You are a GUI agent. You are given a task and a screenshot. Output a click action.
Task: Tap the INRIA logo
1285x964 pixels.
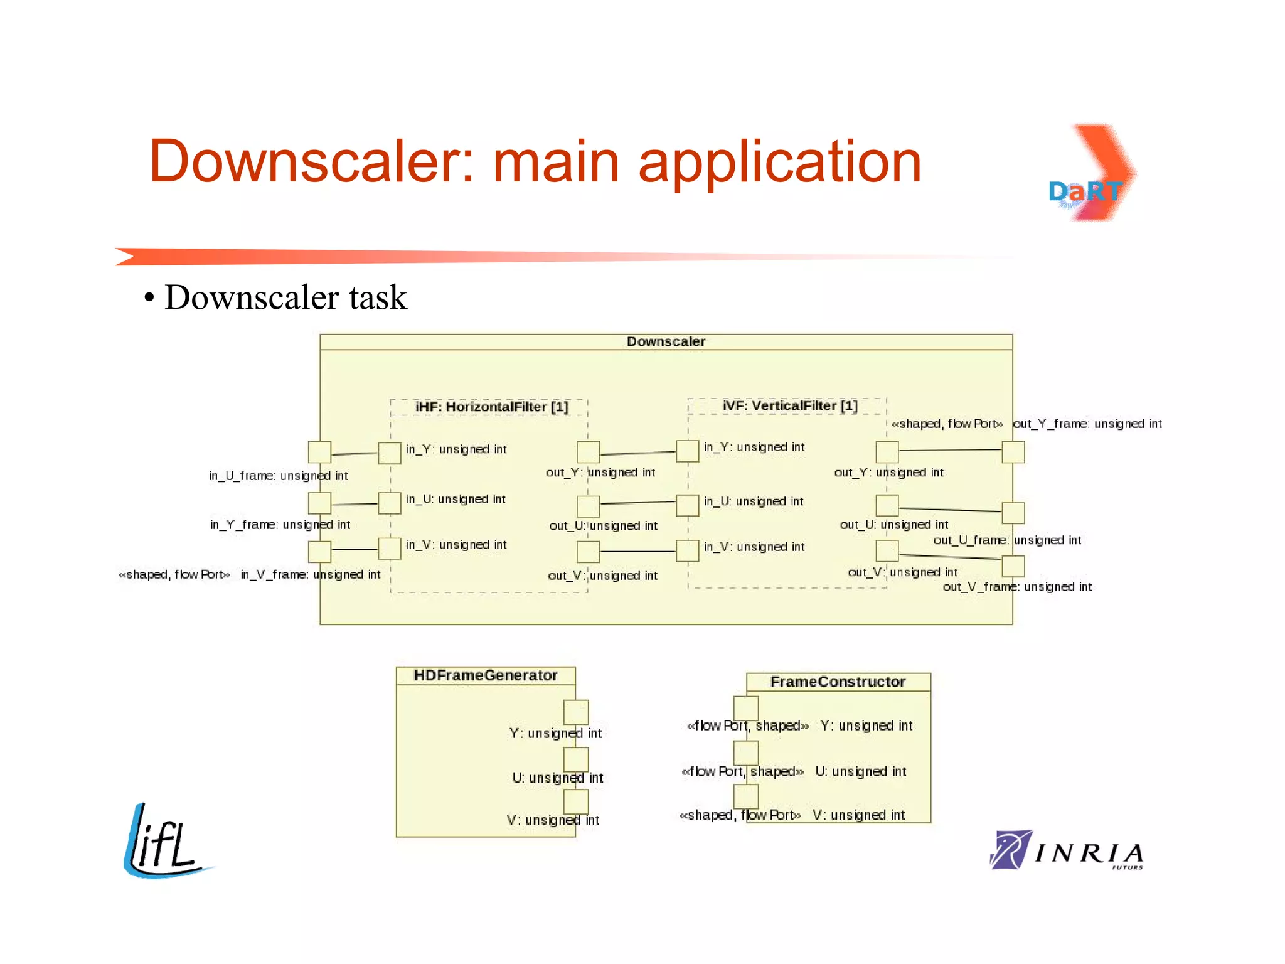1067,850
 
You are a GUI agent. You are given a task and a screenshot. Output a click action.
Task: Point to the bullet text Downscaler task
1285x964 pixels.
285,297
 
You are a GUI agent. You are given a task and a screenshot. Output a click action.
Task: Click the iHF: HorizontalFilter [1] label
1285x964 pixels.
491,407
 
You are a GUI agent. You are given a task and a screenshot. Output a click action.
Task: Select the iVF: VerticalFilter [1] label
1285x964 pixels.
789,405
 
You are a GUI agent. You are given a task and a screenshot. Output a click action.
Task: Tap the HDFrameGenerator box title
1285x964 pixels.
485,675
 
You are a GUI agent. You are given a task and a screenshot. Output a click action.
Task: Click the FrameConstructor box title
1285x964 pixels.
837,682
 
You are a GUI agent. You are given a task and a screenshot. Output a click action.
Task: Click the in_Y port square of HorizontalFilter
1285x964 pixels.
390,453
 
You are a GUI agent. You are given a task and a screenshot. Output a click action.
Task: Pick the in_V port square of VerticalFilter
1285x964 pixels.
687,550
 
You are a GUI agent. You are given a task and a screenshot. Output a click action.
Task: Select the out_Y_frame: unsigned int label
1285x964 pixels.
1087,424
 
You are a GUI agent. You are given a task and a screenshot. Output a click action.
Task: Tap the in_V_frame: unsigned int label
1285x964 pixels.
311,574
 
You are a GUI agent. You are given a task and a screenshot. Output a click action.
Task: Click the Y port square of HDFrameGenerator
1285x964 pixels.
575,712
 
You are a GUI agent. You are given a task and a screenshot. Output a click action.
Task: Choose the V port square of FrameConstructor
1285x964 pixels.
746,796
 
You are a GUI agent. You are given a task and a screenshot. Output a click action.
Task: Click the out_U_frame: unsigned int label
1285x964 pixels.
1006,540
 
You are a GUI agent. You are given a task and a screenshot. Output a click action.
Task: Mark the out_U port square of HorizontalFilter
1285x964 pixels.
588,506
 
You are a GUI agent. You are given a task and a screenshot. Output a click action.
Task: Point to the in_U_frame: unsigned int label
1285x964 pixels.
278,476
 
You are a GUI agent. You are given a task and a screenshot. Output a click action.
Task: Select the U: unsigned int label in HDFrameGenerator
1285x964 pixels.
557,778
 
